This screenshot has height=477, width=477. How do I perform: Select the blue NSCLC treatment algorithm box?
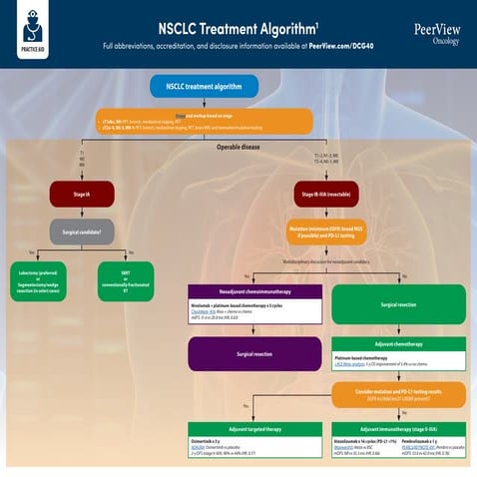(204, 87)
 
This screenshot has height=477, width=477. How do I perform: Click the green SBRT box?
(125, 280)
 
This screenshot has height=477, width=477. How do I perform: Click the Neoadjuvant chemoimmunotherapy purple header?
(253, 291)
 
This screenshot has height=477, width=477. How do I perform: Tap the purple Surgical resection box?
(253, 352)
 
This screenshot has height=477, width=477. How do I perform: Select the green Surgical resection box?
(397, 302)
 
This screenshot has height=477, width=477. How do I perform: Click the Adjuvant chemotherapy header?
(397, 342)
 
